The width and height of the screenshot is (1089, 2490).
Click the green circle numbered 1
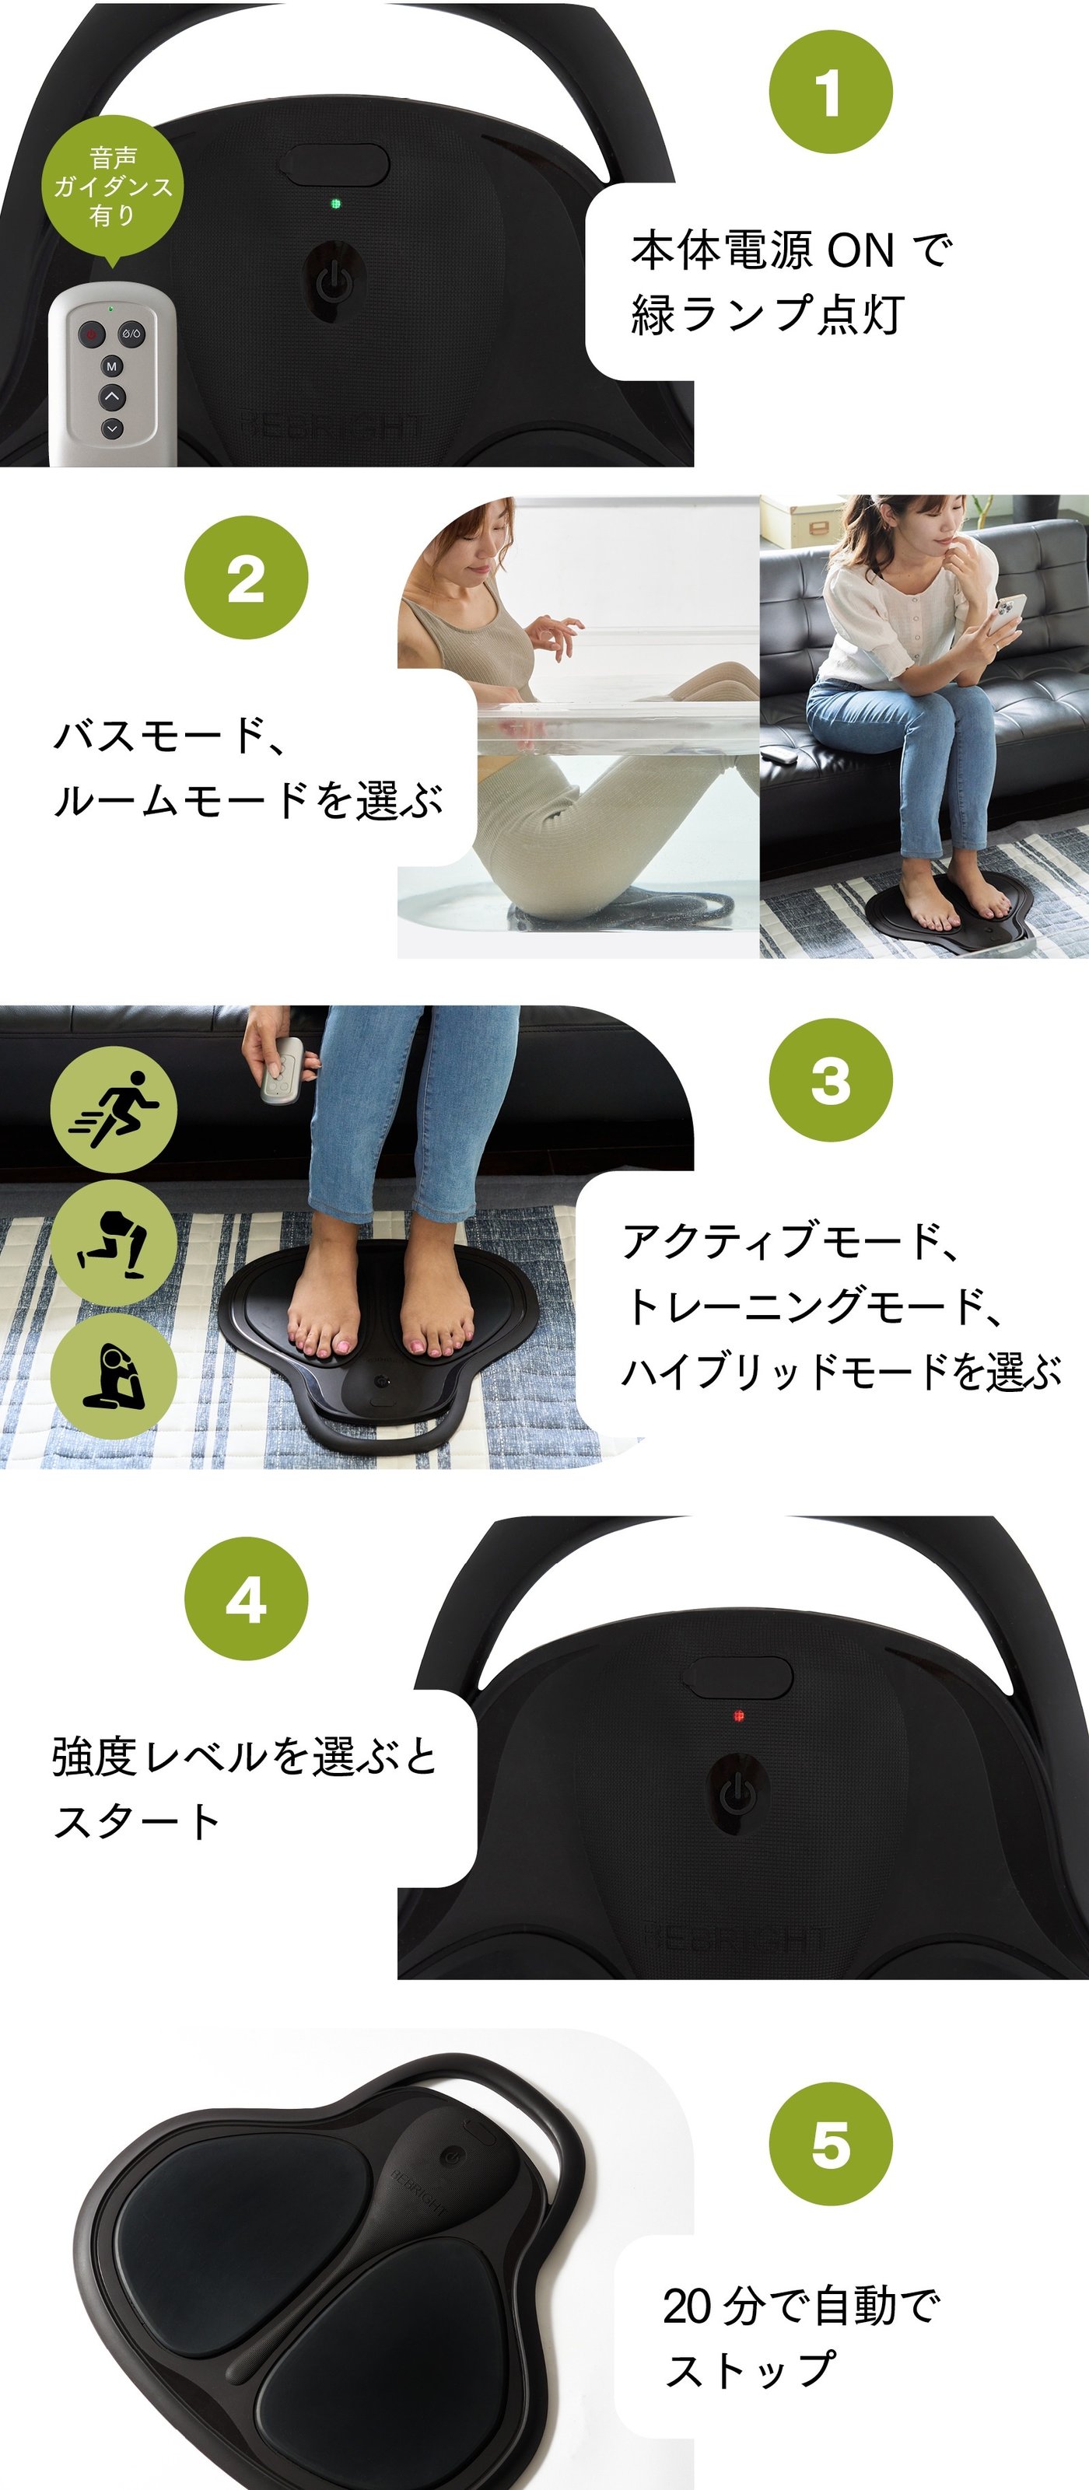830,92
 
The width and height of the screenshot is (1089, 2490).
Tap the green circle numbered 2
246,577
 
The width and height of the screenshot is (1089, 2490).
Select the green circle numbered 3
830,1079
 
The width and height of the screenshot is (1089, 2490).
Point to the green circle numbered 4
246,1599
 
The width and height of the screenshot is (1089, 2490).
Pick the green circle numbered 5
830,2144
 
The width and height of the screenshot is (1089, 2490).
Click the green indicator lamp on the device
335,204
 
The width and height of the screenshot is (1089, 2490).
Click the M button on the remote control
111,366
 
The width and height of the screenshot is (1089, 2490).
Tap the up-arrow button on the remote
111,397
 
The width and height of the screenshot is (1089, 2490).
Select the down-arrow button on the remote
111,427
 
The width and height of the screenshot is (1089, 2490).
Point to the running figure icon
113,1109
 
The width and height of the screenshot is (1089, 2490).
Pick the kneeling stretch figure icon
113,1376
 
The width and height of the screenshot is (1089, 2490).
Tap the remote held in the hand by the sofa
282,1070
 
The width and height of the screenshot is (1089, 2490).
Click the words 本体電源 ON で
791,250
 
